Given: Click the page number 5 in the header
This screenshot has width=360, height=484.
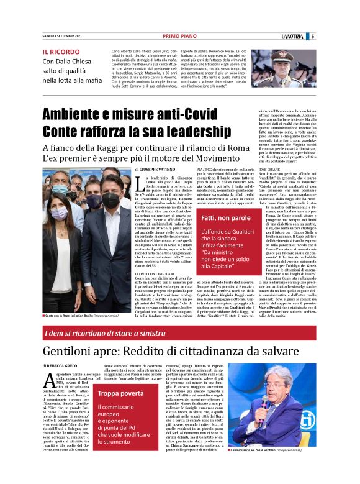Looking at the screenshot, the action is click(313, 36).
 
